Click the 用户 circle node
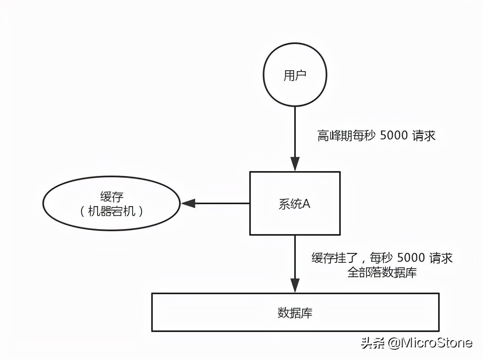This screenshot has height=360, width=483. click(x=295, y=76)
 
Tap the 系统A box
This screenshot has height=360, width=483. click(x=295, y=203)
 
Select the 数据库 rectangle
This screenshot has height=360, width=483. click(x=295, y=312)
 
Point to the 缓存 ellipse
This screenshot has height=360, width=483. click(x=112, y=203)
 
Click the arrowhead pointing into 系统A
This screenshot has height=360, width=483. click(x=295, y=164)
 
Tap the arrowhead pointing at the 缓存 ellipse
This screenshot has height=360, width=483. click(x=188, y=203)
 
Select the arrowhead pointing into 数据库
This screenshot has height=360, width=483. click(x=295, y=285)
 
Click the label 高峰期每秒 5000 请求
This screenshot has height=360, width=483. click(x=376, y=136)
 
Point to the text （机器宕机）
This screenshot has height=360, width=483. click(x=112, y=211)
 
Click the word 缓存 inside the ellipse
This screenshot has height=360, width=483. click(x=112, y=196)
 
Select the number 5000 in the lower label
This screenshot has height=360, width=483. click(x=409, y=258)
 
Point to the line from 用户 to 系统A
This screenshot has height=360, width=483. click(x=295, y=130)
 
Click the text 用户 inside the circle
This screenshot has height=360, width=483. click(x=295, y=76)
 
